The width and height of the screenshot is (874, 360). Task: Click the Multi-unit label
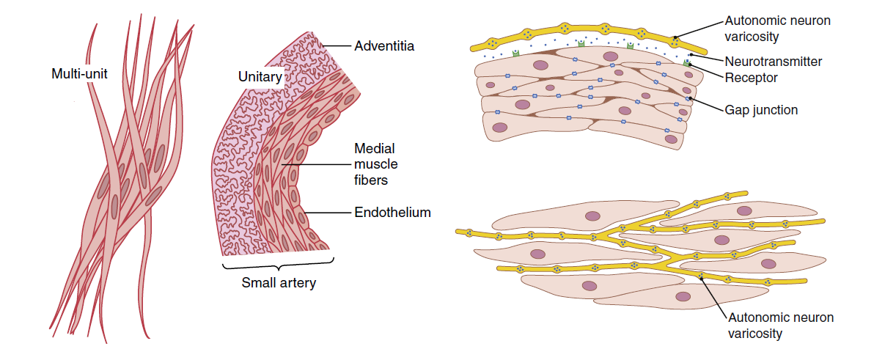click(x=79, y=74)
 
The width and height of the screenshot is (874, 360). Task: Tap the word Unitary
click(x=259, y=77)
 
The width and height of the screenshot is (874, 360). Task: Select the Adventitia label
click(x=384, y=45)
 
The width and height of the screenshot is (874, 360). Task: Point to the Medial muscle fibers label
click(x=375, y=164)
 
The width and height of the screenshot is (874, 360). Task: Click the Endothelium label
click(x=392, y=213)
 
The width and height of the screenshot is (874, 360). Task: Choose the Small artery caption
click(x=278, y=282)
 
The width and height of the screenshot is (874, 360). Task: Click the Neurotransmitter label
click(x=773, y=62)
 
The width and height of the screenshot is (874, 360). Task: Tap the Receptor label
click(x=751, y=78)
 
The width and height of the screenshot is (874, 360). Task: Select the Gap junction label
click(x=761, y=110)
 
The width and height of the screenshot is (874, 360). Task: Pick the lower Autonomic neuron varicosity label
click(x=781, y=326)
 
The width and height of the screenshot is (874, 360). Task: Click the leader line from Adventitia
click(x=336, y=45)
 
